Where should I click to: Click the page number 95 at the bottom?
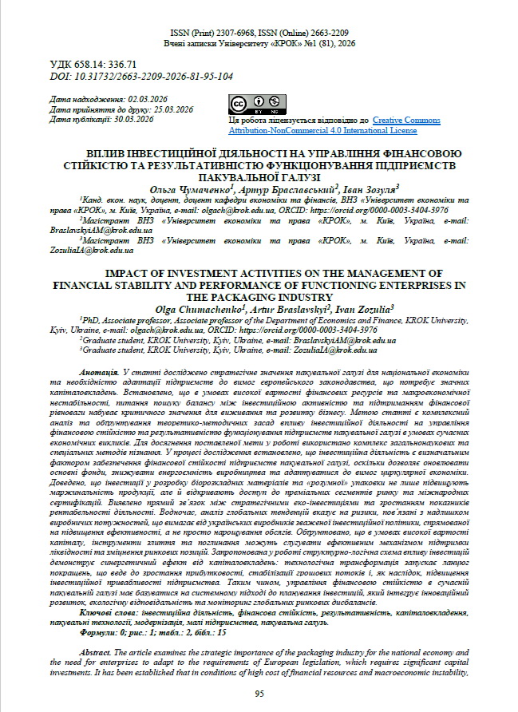point(259,694)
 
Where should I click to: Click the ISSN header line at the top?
point(259,32)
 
